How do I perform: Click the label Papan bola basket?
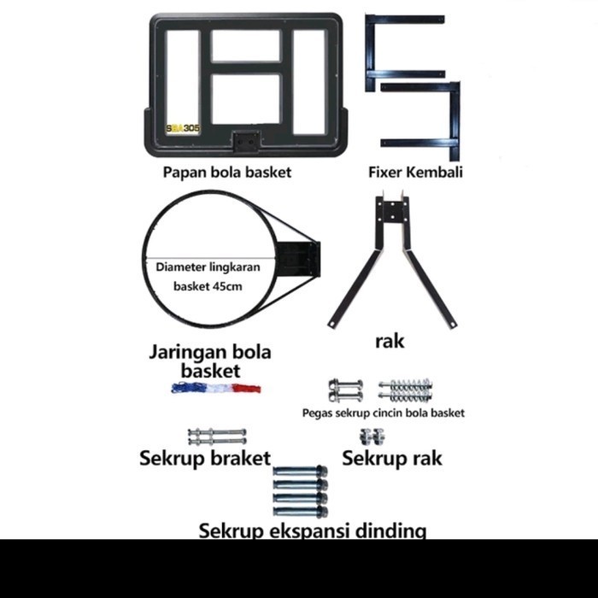pos(227,173)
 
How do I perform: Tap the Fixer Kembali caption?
pos(415,172)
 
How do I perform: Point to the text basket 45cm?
pos(208,286)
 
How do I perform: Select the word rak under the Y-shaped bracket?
pos(390,341)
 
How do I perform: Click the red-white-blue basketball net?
pos(215,388)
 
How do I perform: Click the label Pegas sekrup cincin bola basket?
pos(384,413)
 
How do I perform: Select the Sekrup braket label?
pos(205,459)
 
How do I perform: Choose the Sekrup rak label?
pos(392,459)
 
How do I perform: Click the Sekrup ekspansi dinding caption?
pos(313,531)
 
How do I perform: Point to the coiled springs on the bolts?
pos(405,390)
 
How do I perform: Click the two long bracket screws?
pos(217,437)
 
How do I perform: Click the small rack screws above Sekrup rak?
pos(369,437)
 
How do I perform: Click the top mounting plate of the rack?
pos(392,213)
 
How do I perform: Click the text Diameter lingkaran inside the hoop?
pos(208,267)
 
